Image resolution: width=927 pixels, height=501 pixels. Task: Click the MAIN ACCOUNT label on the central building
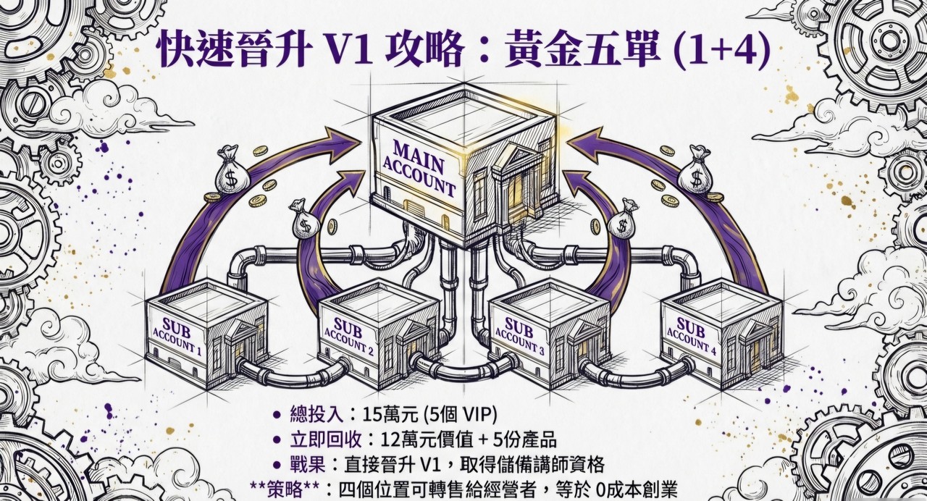pyautogui.click(x=424, y=169)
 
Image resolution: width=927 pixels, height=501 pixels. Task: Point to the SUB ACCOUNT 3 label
pyautogui.click(x=519, y=333)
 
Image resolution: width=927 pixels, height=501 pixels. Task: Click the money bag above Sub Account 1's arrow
pyautogui.click(x=231, y=170)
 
